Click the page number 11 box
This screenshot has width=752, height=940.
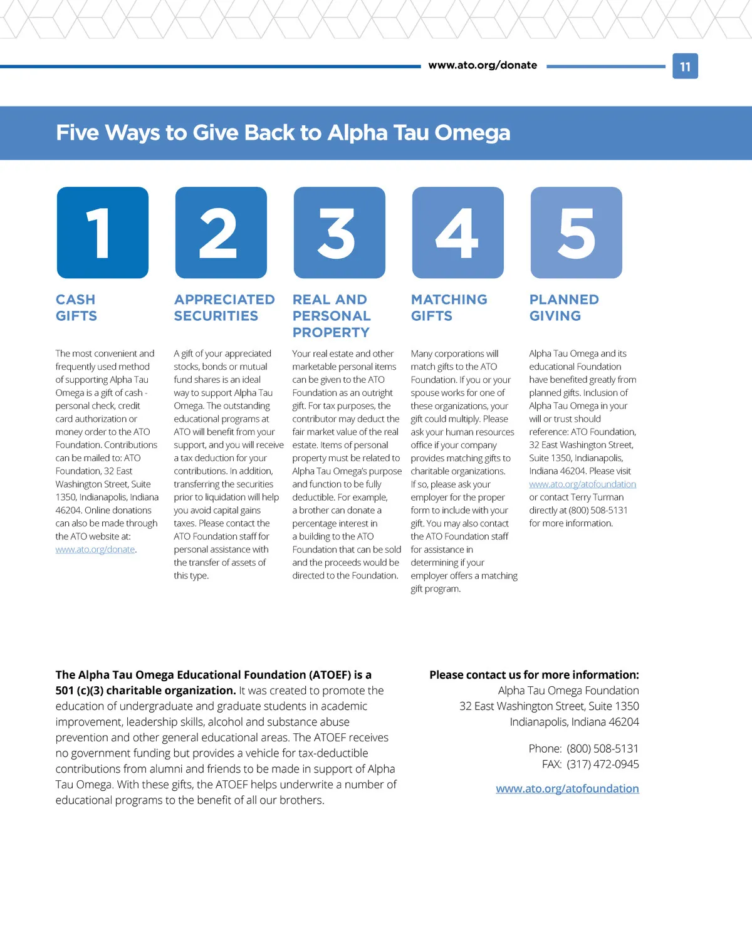685,66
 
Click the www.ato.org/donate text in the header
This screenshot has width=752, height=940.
483,65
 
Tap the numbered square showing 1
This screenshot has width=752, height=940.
103,232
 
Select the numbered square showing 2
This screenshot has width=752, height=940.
221,232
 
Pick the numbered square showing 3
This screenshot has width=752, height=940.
340,232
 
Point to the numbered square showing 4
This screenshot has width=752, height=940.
458,232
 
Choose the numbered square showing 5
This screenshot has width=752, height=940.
577,232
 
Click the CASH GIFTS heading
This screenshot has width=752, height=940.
76,308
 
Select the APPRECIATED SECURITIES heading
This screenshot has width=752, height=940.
224,308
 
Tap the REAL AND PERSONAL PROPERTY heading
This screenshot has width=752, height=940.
332,316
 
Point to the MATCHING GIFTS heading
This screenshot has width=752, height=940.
449,308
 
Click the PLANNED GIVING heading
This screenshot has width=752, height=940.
564,308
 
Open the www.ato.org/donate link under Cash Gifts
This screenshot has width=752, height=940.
95,550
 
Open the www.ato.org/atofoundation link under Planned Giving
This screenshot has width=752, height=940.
582,484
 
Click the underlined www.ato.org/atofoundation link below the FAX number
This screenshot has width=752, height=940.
567,789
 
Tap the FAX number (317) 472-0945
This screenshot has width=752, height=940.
603,765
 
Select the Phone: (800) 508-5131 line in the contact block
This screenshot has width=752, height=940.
583,749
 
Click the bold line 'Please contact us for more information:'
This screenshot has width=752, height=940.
534,675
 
